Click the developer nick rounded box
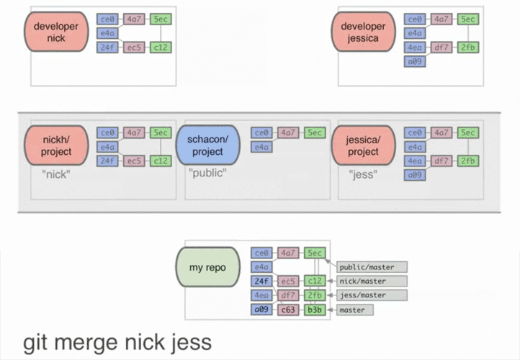(x=56, y=32)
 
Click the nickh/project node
(x=56, y=146)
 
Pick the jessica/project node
(x=363, y=146)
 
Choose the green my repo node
(x=209, y=268)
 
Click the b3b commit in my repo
(x=315, y=310)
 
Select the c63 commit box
(x=288, y=310)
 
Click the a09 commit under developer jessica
(x=414, y=61)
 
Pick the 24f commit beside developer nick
(x=107, y=48)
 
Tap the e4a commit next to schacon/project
(x=261, y=147)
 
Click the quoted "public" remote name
(x=207, y=173)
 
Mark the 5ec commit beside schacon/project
(x=315, y=132)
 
